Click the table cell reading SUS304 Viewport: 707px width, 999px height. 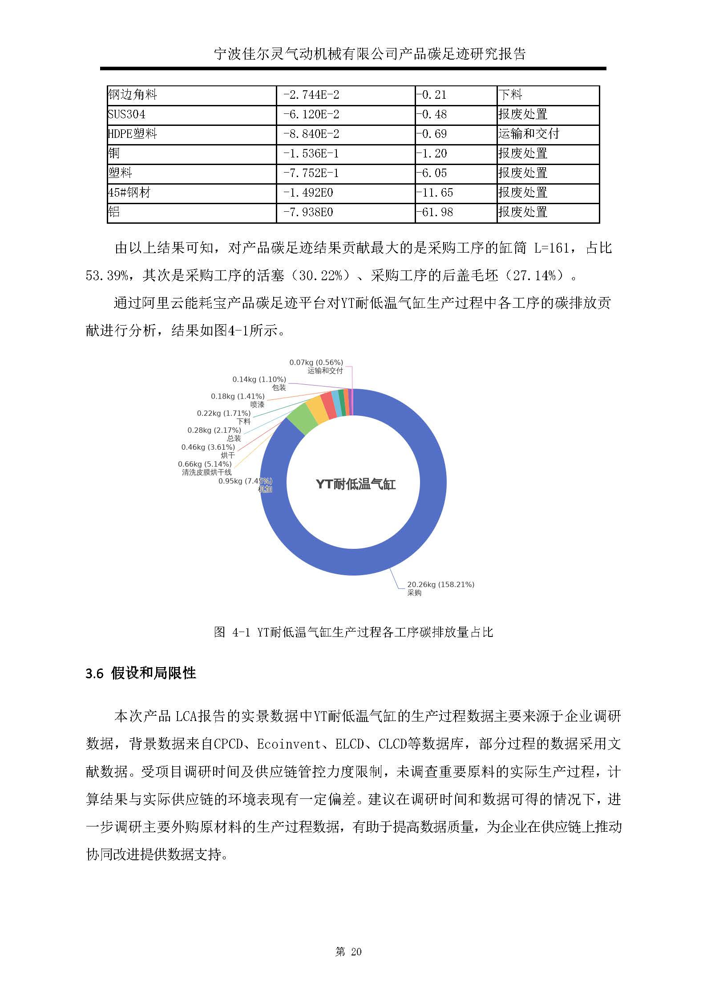(x=127, y=115)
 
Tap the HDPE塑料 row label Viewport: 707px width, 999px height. (x=133, y=134)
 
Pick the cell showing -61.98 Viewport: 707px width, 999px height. (x=434, y=212)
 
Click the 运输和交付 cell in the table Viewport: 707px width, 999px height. (x=529, y=134)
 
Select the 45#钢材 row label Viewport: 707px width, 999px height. (x=129, y=193)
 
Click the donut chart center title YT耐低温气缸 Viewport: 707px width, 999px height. (x=356, y=484)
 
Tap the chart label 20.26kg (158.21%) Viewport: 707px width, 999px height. (x=440, y=584)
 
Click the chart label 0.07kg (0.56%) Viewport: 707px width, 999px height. (x=316, y=363)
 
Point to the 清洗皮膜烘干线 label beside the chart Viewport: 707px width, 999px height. (x=206, y=472)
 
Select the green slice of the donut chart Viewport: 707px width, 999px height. (x=302, y=419)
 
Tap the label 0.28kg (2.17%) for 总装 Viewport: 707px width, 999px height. (x=214, y=430)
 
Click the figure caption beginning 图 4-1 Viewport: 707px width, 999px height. (x=353, y=632)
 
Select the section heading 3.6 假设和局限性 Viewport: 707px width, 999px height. (x=141, y=673)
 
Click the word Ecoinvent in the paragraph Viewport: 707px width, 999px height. (x=289, y=744)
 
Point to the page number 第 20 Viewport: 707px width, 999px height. (x=348, y=951)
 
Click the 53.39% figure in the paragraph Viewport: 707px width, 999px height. (x=106, y=276)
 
